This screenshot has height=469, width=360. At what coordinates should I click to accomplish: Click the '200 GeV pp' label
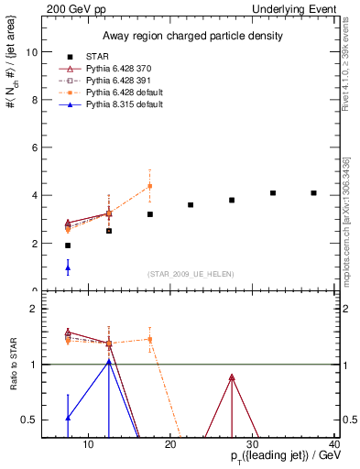click(x=72, y=8)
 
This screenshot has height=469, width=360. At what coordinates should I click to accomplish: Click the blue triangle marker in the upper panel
click(x=68, y=267)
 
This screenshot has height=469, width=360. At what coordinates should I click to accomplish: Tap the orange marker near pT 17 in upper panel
click(x=150, y=186)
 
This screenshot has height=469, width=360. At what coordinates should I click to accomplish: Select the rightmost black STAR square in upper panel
click(x=313, y=193)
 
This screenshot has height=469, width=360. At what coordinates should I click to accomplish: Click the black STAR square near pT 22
click(x=191, y=204)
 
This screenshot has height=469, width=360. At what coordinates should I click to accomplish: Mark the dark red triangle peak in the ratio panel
click(x=232, y=377)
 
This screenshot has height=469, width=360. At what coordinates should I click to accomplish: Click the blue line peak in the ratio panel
click(x=109, y=362)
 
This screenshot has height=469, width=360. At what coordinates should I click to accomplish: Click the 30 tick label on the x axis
click(x=252, y=445)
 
